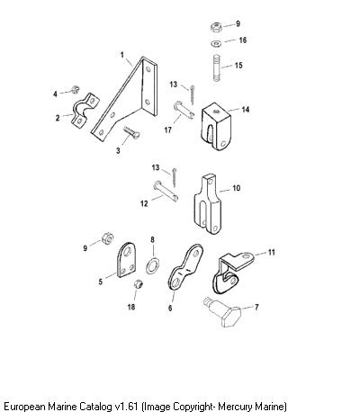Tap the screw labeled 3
click(x=131, y=132)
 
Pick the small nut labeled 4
click(x=75, y=89)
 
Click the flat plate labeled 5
click(x=126, y=260)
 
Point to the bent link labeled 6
click(x=186, y=266)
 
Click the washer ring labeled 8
click(x=153, y=264)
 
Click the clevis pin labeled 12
click(x=166, y=191)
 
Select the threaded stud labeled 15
click(x=217, y=67)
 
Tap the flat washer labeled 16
click(x=216, y=43)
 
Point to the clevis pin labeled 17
click(x=184, y=110)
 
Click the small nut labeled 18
click(x=138, y=283)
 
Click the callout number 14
click(x=246, y=110)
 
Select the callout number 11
click(x=271, y=253)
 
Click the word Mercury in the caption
click(x=235, y=407)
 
